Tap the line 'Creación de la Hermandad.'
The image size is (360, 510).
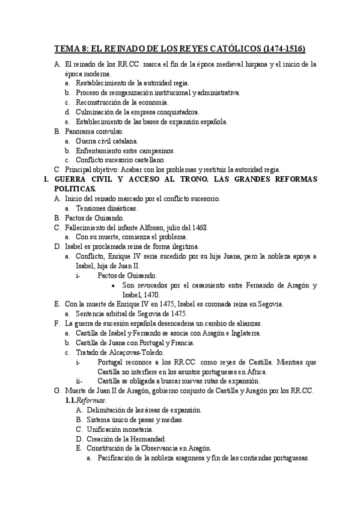[130, 439]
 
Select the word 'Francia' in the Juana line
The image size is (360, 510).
[181, 343]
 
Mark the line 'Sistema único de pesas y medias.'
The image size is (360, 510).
[141, 420]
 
